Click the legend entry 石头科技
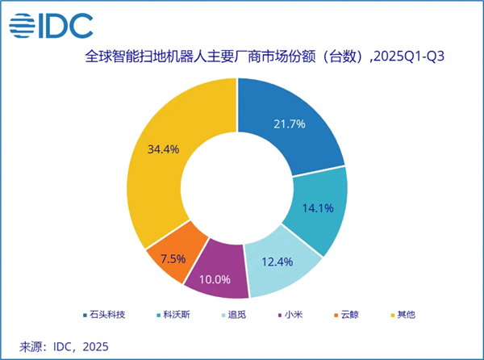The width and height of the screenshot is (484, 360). (111, 315)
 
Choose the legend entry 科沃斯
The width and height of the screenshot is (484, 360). (177, 315)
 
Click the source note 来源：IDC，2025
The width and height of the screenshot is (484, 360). (63, 346)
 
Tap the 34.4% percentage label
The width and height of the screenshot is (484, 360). (163, 149)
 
